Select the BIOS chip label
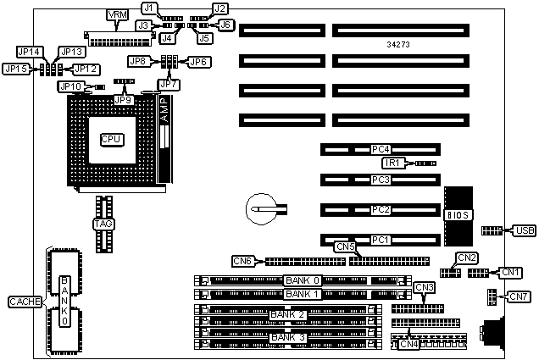click(454, 215)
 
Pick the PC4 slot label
click(381, 150)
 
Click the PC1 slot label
click(381, 239)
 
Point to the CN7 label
click(518, 296)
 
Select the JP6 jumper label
click(198, 61)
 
